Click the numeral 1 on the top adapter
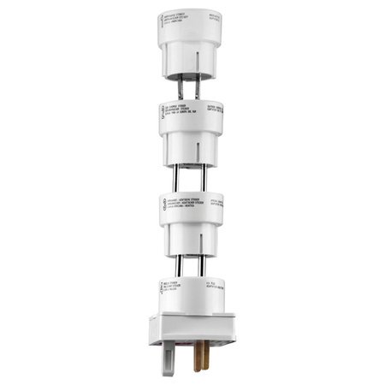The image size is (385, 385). (x=162, y=21)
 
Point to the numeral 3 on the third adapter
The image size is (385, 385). (x=162, y=204)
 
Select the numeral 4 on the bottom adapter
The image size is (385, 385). (x=163, y=285)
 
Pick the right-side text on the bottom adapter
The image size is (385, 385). (x=213, y=285)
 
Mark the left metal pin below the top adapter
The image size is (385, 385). (x=181, y=86)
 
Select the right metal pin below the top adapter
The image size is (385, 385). (x=199, y=86)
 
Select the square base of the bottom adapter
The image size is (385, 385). (x=192, y=329)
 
